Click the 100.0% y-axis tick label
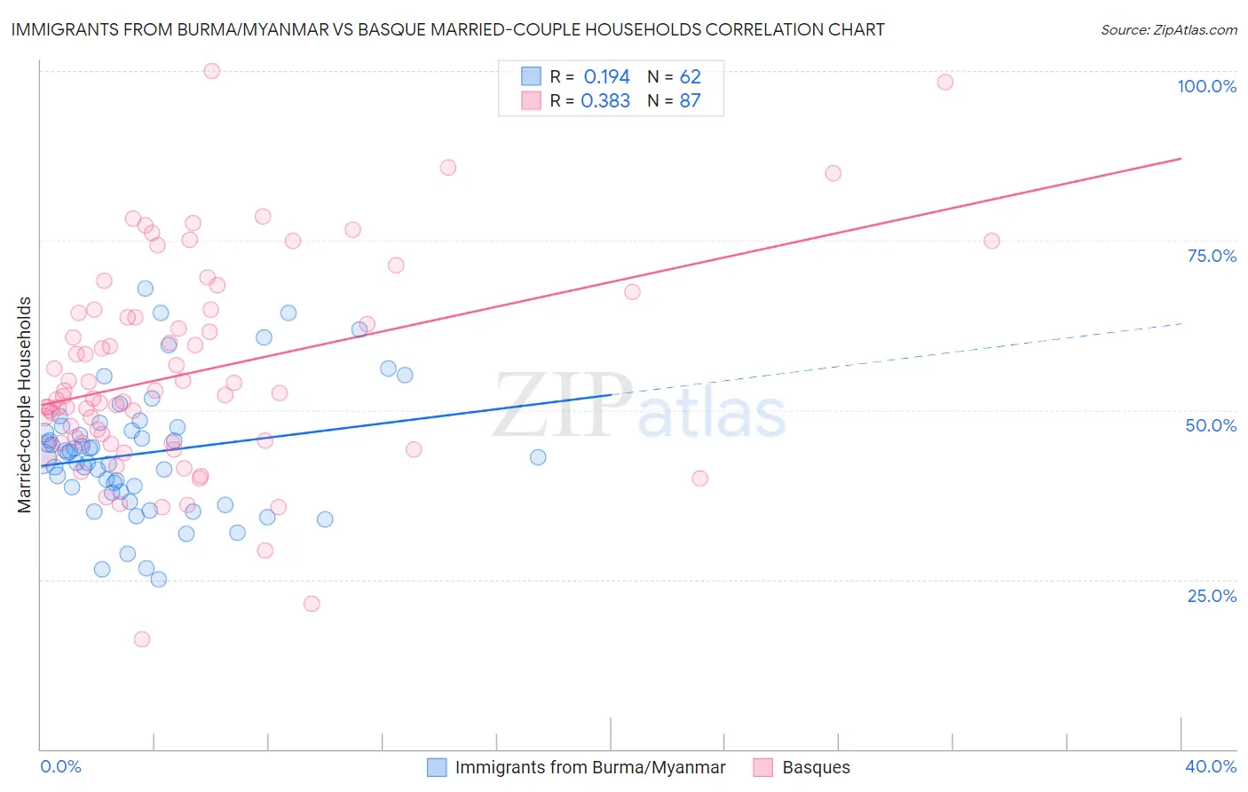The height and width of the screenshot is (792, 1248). [x=1206, y=86]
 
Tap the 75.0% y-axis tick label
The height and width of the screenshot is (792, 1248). [x=1212, y=256]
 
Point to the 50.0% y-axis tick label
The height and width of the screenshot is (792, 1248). [x=1211, y=425]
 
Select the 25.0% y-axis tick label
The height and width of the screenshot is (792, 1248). [x=1212, y=596]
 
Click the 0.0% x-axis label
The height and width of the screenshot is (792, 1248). [x=60, y=766]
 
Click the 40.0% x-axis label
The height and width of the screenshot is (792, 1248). [x=1210, y=766]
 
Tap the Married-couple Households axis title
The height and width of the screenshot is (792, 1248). [x=25, y=404]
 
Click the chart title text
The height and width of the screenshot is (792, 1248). [x=447, y=29]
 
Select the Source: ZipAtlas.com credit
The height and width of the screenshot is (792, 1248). [x=1168, y=30]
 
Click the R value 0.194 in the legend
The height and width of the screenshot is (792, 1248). [x=606, y=76]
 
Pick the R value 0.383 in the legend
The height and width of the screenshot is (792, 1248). [x=605, y=100]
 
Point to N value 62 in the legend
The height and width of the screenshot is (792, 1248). [x=690, y=76]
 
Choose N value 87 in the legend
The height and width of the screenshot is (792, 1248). [x=690, y=100]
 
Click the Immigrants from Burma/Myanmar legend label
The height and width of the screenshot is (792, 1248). [x=589, y=767]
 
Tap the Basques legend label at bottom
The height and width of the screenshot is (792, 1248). [x=816, y=767]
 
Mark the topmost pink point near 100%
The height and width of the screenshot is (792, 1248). [x=211, y=71]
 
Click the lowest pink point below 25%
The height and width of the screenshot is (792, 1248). [x=141, y=639]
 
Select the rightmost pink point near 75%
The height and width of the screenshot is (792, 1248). [x=991, y=242]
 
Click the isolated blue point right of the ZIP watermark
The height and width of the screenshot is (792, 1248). [x=538, y=457]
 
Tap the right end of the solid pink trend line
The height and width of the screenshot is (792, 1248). [x=1181, y=158]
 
